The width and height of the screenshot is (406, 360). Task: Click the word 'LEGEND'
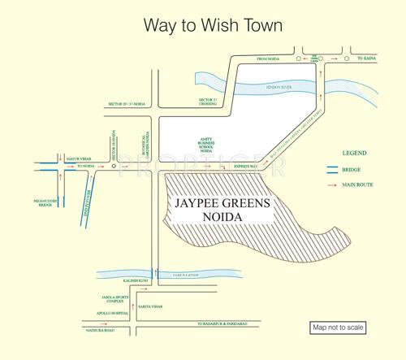click(355, 153)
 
